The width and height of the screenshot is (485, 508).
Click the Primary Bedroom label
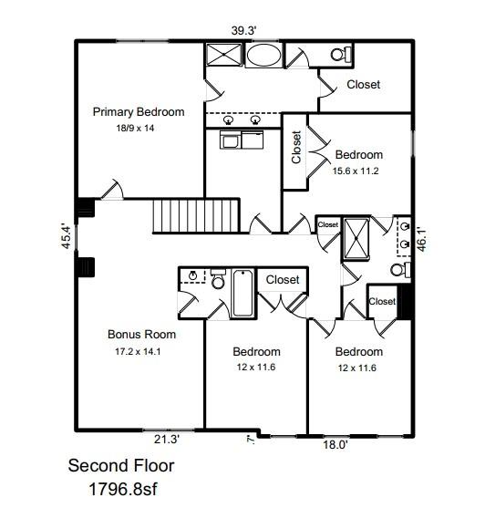click(139, 112)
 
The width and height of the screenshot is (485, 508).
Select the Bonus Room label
click(141, 335)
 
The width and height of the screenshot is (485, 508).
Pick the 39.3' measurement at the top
click(242, 30)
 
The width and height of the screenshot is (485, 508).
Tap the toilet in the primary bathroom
click(340, 55)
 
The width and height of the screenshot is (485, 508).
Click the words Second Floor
click(121, 466)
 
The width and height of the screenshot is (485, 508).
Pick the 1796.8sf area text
click(121, 489)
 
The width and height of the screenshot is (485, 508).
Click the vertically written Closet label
click(295, 148)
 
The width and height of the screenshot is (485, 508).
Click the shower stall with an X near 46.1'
click(354, 239)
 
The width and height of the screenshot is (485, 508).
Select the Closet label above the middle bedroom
click(283, 280)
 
